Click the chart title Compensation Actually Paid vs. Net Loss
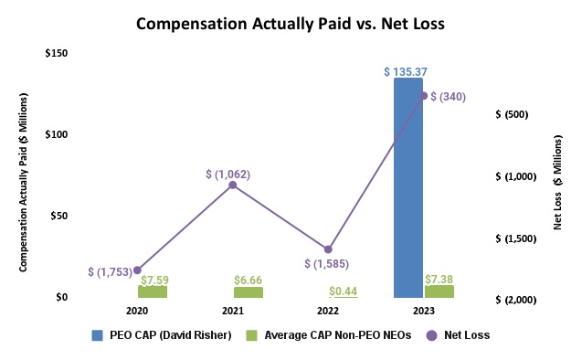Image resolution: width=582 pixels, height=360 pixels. pos(291,24)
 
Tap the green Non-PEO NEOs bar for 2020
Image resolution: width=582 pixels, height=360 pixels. pos(153,291)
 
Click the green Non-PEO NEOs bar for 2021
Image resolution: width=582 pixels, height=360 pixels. pos(248,292)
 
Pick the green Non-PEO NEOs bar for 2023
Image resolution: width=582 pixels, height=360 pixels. pos(439,291)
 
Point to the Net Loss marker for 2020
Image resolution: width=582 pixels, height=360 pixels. pos(137,270)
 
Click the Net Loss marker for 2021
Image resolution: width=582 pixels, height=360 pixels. pos(233,185)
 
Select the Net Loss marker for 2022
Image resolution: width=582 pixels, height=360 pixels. pos(328,249)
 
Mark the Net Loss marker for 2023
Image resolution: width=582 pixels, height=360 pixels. pos(423,95)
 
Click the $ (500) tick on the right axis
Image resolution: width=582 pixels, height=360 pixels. pos(512,114)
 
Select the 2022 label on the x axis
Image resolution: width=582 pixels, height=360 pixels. pos(328,311)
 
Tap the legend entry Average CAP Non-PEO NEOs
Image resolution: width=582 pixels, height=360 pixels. pos(337,334)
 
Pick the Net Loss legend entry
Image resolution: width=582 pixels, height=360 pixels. pos(464,334)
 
